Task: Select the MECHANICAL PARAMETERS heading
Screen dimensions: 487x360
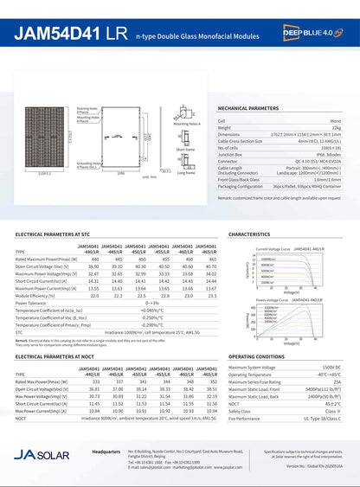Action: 251,109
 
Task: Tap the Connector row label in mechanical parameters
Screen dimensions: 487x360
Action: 228,161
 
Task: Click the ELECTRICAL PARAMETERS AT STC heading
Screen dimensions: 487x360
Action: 53,234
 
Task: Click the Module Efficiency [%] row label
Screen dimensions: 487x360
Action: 39,296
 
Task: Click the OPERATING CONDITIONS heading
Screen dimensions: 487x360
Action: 256,356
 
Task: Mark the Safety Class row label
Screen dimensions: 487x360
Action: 241,410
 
